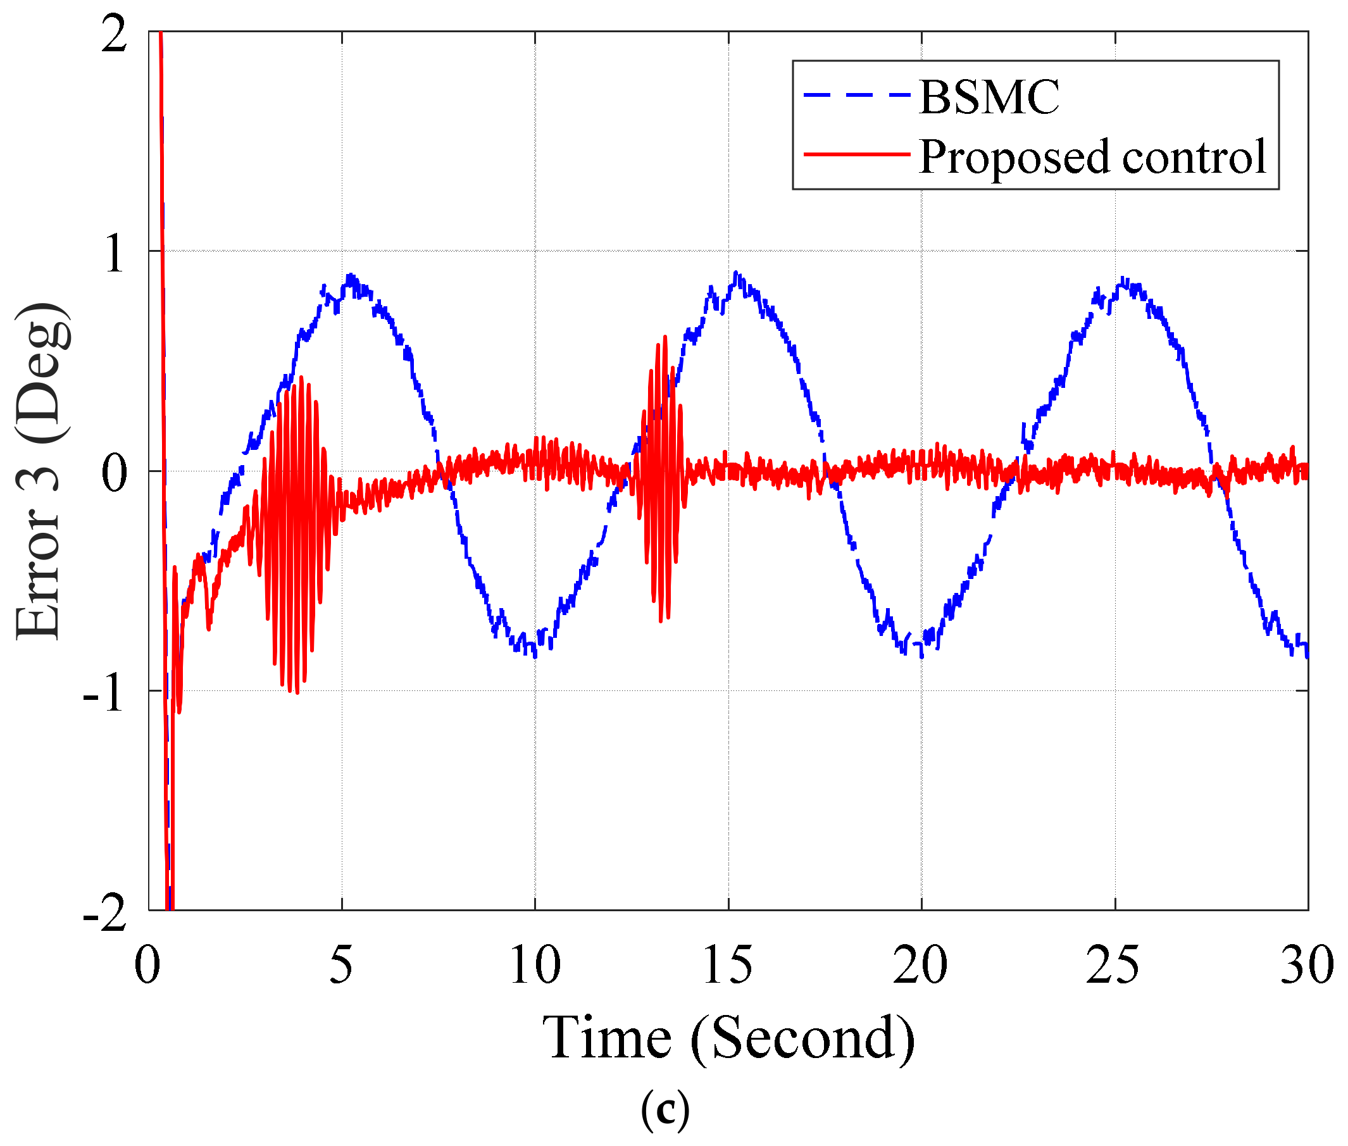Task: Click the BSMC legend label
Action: (x=988, y=97)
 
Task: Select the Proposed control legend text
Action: (x=1092, y=156)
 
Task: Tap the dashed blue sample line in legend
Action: (x=857, y=95)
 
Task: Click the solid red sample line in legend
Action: (x=857, y=154)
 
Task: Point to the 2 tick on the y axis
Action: (x=115, y=34)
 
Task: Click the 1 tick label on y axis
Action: (x=115, y=252)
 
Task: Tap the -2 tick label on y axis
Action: (x=104, y=912)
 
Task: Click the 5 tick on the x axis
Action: (x=341, y=966)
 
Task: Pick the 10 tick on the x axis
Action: (x=535, y=966)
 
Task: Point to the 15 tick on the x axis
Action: (x=728, y=966)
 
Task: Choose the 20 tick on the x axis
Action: (x=921, y=966)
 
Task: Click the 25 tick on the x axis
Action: (x=1113, y=966)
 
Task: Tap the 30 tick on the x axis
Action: (x=1306, y=966)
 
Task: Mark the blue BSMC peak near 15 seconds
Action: (x=735, y=275)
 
